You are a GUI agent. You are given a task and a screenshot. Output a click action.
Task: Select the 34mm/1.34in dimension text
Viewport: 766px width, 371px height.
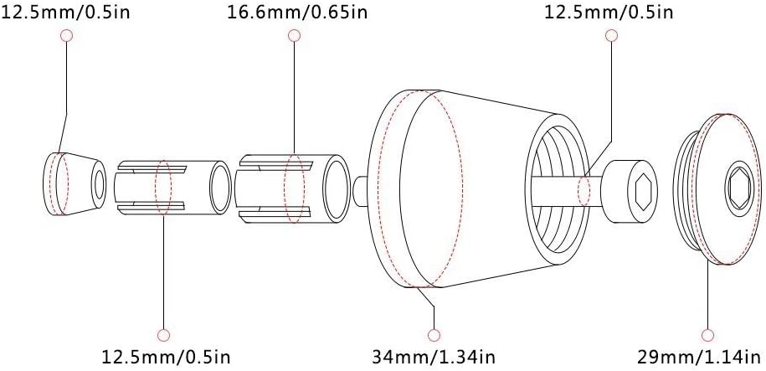coord(434,356)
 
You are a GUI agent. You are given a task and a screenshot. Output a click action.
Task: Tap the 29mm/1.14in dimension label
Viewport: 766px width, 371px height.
coord(699,356)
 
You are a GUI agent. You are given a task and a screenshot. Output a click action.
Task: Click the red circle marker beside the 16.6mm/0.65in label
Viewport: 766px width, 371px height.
coord(294,35)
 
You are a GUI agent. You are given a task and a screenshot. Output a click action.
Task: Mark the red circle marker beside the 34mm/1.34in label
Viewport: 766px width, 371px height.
coord(434,335)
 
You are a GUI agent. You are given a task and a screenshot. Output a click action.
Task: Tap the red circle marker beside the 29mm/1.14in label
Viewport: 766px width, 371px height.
coord(707,335)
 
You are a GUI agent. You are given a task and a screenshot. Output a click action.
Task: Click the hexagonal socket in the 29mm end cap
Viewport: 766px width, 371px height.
coord(739,188)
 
